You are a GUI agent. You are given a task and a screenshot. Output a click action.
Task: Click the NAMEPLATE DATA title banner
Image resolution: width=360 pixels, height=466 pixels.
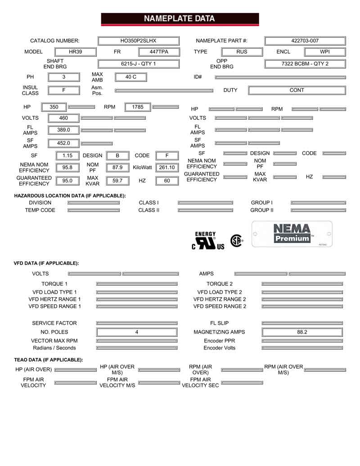pyautogui.click(x=180, y=19)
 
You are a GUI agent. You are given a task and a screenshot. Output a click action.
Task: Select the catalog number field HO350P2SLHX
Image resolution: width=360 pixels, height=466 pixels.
pyautogui.click(x=139, y=41)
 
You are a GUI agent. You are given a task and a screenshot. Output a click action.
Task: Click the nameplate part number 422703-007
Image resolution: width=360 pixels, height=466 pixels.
pyautogui.click(x=305, y=41)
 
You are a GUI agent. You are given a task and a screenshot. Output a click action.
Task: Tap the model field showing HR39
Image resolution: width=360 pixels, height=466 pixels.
pyautogui.click(x=75, y=52)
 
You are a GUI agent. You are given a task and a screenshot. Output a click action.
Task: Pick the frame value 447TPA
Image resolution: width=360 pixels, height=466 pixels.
pyautogui.click(x=159, y=52)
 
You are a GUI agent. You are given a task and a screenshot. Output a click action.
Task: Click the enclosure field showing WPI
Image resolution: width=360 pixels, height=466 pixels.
pyautogui.click(x=325, y=52)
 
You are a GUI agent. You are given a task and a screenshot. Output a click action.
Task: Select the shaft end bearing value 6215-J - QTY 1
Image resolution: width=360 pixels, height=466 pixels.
pyautogui.click(x=139, y=64)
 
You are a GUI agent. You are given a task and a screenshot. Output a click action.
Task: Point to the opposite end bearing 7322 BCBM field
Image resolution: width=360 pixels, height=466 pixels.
pyautogui.click(x=305, y=64)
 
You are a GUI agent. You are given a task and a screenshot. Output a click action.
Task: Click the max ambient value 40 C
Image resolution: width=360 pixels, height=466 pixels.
pyautogui.click(x=130, y=77)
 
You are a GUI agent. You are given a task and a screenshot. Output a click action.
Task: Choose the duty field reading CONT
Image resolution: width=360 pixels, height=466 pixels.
pyautogui.click(x=297, y=90)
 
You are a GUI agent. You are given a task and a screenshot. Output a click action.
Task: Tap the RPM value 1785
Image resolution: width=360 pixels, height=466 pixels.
pyautogui.click(x=138, y=107)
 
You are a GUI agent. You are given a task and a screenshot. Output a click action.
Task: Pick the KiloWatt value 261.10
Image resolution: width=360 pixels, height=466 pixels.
pyautogui.click(x=166, y=167)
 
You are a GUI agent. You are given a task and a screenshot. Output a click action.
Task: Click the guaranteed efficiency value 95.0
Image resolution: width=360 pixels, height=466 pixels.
pyautogui.click(x=67, y=181)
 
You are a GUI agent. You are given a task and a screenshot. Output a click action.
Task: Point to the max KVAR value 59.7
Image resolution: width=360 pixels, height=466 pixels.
pyautogui.click(x=117, y=181)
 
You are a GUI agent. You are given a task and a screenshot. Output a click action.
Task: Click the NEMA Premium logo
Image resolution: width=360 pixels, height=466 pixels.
pyautogui.click(x=292, y=234)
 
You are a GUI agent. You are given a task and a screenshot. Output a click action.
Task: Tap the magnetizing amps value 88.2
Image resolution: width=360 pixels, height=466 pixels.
pyautogui.click(x=302, y=332)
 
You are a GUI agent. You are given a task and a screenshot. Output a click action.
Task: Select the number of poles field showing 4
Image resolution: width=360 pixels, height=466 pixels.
pyautogui.click(x=137, y=332)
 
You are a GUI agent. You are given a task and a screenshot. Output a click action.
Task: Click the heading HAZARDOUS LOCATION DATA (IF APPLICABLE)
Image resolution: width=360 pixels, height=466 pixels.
pyautogui.click(x=70, y=196)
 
